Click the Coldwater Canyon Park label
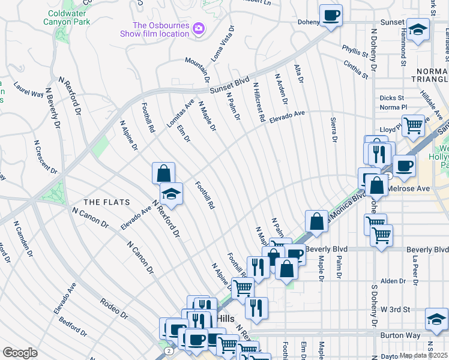pos(67,17)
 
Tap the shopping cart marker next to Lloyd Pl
pos(413,125)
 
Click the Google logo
pos(20,353)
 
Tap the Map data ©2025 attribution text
pos(424,356)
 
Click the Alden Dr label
pos(393,281)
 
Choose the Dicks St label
pos(393,98)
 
